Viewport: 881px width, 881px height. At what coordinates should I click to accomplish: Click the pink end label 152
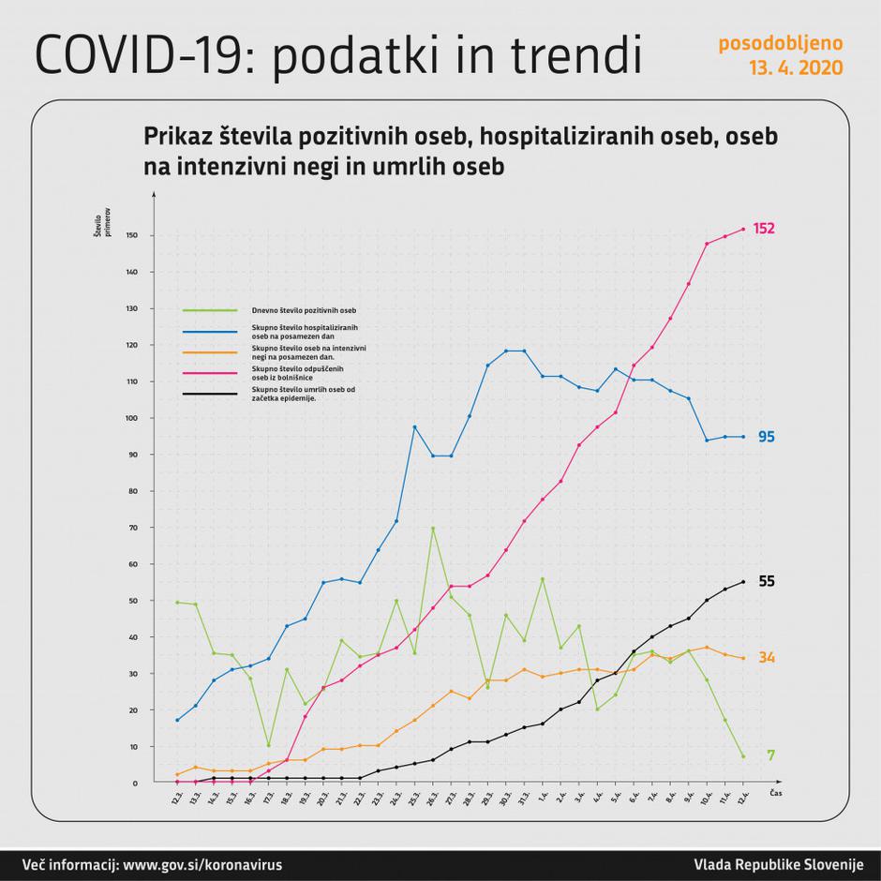[x=764, y=229]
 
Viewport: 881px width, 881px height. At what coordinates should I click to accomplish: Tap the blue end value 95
[x=766, y=437]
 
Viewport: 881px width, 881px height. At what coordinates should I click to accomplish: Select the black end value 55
[x=766, y=581]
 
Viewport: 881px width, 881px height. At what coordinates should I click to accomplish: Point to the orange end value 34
[x=766, y=658]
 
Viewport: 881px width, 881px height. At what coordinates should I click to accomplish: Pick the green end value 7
[x=770, y=755]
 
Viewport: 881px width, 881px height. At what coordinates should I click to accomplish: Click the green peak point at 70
[x=432, y=528]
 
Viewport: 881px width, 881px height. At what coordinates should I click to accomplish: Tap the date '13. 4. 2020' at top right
[x=795, y=68]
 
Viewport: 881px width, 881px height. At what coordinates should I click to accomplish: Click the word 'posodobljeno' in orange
[x=780, y=43]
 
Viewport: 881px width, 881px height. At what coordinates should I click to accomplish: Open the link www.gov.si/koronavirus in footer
[x=202, y=864]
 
